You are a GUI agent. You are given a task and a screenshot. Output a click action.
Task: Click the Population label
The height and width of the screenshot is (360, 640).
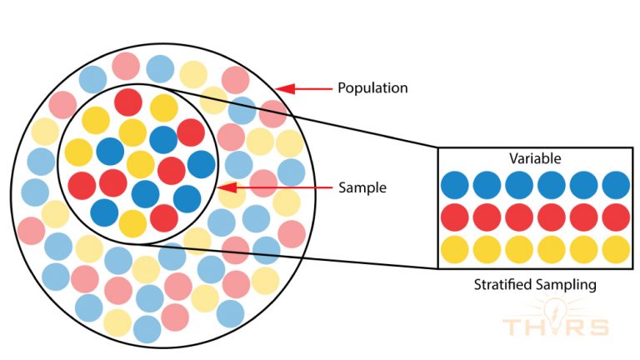click(372, 87)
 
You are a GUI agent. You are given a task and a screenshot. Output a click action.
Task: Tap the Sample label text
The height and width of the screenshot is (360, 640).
click(362, 187)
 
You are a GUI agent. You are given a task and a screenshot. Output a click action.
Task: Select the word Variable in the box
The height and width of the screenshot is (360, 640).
click(534, 158)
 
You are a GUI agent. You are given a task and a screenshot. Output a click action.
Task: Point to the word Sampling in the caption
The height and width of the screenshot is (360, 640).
click(566, 285)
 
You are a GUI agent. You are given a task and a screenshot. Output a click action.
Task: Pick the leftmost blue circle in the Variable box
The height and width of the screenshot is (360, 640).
click(456, 185)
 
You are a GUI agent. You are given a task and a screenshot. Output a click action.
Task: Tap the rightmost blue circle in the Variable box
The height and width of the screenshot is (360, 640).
click(616, 185)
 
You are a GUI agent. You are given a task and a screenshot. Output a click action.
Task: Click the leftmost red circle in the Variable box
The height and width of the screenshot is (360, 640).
click(456, 217)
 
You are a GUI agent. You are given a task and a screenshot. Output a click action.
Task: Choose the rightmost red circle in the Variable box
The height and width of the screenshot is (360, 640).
click(616, 217)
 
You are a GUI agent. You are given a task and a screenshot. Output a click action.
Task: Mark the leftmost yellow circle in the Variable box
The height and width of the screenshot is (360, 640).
click(456, 248)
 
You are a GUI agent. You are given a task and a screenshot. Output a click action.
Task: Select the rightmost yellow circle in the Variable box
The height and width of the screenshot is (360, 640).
click(616, 248)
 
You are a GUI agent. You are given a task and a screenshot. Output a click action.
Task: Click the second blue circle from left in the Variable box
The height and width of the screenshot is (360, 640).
click(487, 185)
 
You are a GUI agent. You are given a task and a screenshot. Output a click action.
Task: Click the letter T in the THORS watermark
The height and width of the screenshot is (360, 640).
click(512, 326)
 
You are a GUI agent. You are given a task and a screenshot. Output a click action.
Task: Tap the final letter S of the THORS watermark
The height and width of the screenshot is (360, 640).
click(598, 326)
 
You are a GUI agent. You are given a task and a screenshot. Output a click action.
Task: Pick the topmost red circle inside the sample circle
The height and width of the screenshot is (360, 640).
click(128, 102)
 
